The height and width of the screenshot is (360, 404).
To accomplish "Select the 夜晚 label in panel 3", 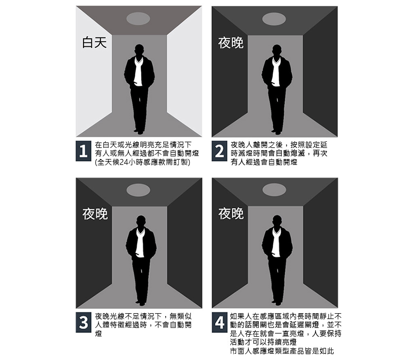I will pos(95,214).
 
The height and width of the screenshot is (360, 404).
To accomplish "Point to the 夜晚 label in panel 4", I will pos(231,214).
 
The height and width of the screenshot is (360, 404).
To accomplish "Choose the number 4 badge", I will pos(219,323).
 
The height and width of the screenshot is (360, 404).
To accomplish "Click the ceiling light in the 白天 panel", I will pos(138,19).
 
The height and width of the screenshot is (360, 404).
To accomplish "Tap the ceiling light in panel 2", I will pos(274,19).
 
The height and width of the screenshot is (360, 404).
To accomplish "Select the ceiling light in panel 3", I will pos(138,190).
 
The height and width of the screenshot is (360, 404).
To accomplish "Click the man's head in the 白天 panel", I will pos(139,50).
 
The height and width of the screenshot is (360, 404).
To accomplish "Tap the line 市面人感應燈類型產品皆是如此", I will pos(282,351).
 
